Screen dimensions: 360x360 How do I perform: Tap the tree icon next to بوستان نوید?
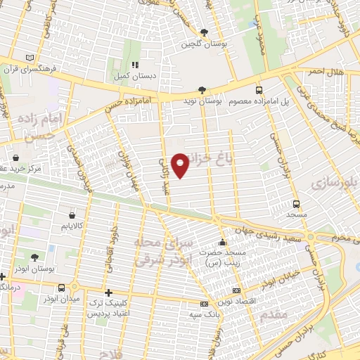202,89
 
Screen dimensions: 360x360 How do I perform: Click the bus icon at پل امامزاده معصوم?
259,89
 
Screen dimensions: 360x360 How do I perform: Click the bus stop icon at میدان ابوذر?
62,288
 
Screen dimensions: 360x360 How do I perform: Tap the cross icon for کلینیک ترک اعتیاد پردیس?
108,292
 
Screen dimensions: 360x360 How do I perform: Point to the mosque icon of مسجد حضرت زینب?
221,242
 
